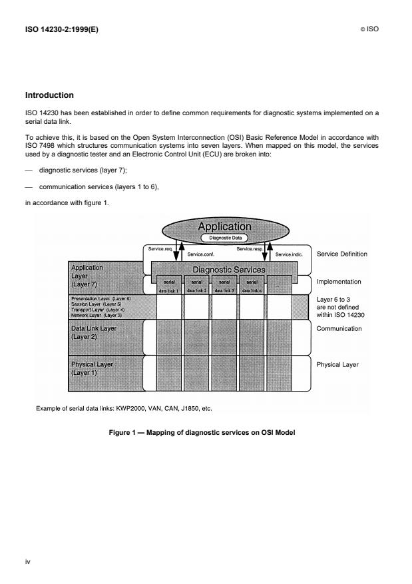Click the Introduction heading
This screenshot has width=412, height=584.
(x=49, y=95)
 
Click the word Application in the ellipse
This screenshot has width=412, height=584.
(x=224, y=227)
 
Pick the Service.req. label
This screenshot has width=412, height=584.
(x=160, y=249)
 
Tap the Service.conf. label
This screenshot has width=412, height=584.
(x=200, y=254)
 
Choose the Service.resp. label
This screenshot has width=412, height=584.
(x=250, y=249)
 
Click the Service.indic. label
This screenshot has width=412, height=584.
(x=289, y=254)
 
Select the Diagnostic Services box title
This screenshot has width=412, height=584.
(x=229, y=270)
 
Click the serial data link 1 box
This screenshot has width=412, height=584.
(x=168, y=286)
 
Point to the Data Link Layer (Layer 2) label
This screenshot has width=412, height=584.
(x=94, y=332)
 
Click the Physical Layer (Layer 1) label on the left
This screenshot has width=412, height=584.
(x=92, y=368)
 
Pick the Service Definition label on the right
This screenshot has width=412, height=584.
(x=341, y=254)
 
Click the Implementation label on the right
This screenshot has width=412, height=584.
(x=339, y=282)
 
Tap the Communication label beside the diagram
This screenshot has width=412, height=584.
(x=339, y=328)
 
